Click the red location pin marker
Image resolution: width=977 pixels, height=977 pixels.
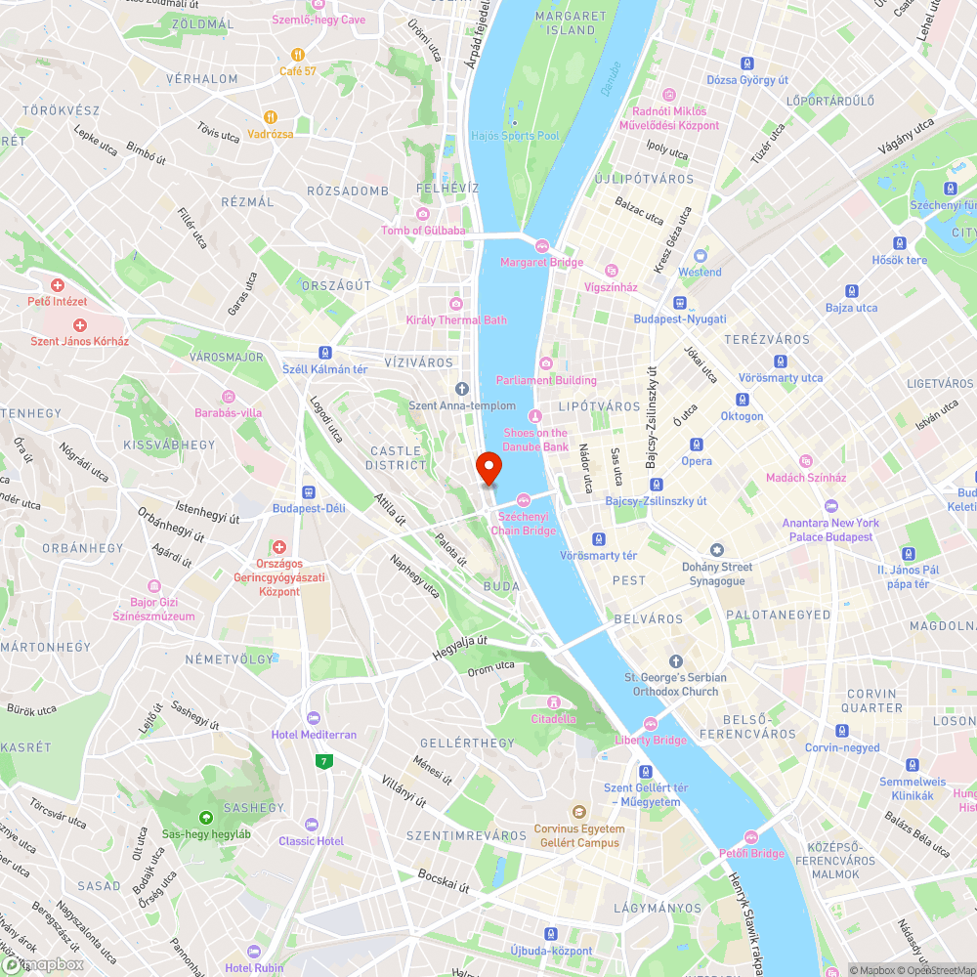click(488, 467)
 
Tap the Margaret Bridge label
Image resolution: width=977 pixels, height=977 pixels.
click(541, 262)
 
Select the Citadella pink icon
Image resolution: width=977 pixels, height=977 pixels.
click(554, 701)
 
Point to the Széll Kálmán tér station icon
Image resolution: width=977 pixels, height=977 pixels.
click(324, 353)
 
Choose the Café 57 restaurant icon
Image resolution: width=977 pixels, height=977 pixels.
click(298, 55)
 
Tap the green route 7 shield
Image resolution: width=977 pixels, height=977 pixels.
click(322, 761)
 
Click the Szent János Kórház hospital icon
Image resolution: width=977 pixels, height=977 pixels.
click(80, 324)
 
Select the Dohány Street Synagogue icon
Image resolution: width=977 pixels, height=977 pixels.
click(718, 551)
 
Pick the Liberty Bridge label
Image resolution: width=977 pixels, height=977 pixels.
click(651, 740)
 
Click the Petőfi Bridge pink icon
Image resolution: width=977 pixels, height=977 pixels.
click(751, 836)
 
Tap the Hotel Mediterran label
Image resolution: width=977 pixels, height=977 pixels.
click(314, 734)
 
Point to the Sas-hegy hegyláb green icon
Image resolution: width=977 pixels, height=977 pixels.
click(205, 817)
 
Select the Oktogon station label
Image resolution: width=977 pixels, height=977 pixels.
click(742, 416)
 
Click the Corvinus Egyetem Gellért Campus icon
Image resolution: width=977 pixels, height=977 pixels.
click(578, 812)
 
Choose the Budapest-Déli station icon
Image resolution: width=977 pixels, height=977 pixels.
click(309, 492)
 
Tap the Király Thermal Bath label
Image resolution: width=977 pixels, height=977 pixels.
click(456, 320)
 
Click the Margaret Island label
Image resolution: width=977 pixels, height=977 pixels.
click(572, 23)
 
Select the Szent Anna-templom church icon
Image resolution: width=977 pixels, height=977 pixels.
click(462, 389)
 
